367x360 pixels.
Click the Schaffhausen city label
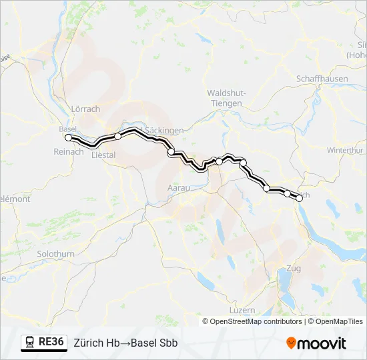322,78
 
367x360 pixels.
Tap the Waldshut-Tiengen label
225,99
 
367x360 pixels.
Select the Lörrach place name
85,109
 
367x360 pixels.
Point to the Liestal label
102,155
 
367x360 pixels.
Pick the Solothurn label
56,254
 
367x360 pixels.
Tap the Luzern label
242,311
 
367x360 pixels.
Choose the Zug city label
292,269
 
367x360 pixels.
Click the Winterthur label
344,151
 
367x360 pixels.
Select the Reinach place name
69,151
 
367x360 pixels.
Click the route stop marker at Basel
68,137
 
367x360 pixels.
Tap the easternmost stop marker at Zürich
300,198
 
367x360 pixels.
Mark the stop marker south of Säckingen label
171,152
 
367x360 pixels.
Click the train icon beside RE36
29,343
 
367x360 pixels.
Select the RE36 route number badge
51,343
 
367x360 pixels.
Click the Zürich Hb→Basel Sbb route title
125,343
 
